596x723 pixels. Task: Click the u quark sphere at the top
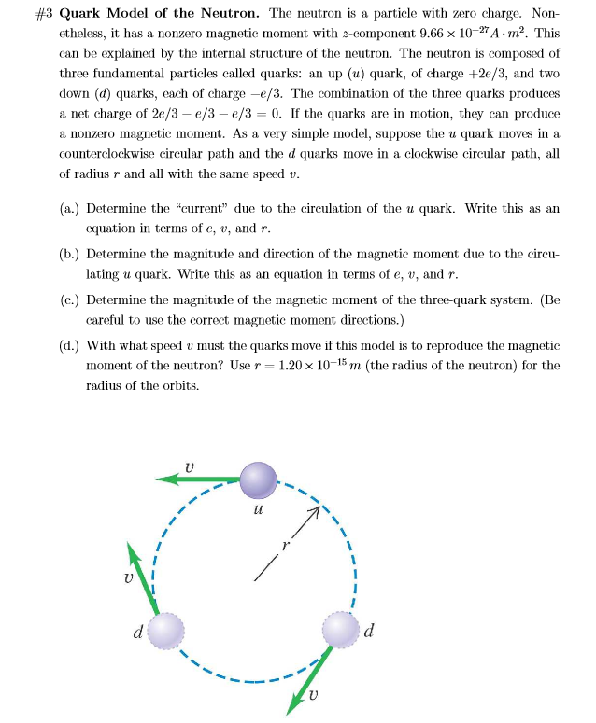(x=259, y=480)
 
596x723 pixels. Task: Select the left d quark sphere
(x=167, y=632)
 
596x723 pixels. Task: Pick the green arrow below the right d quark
(x=310, y=679)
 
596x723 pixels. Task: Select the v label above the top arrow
(x=190, y=463)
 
